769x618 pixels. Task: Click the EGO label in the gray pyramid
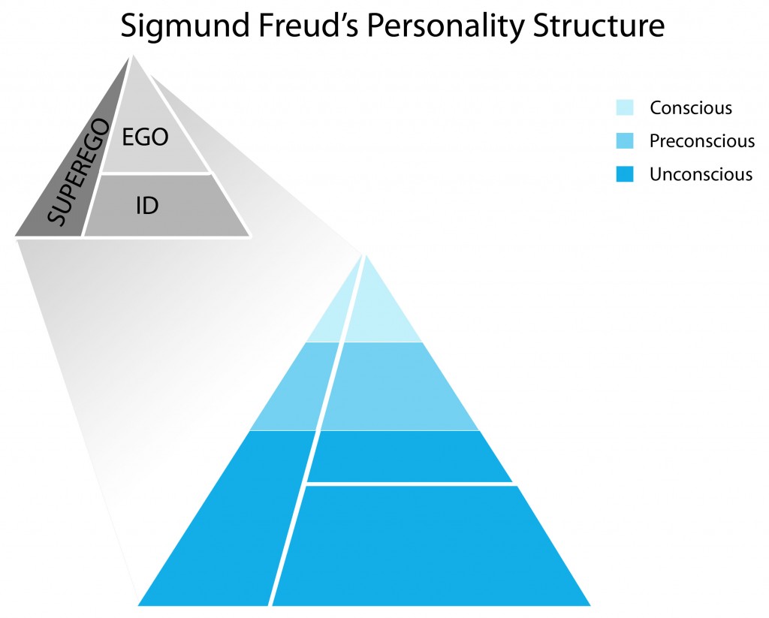(145, 137)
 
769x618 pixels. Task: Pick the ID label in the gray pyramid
(147, 205)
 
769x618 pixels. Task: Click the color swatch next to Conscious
(624, 107)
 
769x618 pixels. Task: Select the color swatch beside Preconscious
(624, 140)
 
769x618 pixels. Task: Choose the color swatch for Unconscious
(624, 174)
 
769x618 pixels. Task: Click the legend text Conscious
(691, 107)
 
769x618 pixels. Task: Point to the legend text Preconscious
(702, 140)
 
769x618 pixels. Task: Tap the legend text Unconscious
(701, 174)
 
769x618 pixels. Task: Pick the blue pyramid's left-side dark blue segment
(225, 518)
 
